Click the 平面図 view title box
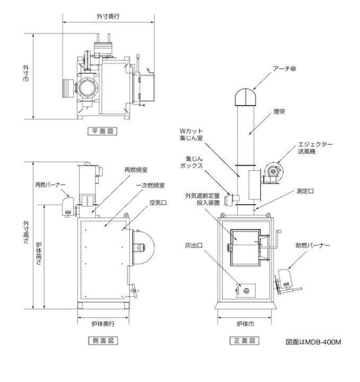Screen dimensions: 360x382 (x=102, y=132)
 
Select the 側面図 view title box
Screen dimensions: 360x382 (x=103, y=340)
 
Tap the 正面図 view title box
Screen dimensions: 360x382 (x=244, y=340)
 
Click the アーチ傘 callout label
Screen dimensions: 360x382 (x=285, y=68)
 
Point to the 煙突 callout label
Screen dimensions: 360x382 (x=279, y=111)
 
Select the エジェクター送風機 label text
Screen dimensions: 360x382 (x=315, y=148)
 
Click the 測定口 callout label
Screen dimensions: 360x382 (x=305, y=191)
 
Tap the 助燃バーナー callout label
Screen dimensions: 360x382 (x=313, y=245)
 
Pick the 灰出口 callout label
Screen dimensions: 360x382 (x=194, y=246)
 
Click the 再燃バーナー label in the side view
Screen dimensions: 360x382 (x=50, y=185)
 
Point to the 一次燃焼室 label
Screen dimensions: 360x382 (x=150, y=185)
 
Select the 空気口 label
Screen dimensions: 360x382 (x=158, y=203)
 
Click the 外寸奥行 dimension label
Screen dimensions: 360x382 (x=108, y=16)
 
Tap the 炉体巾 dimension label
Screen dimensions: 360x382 (x=245, y=324)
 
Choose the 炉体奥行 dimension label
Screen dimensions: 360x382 (x=103, y=324)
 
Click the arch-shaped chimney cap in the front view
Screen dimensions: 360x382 (x=245, y=97)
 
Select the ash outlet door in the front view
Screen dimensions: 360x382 (x=245, y=290)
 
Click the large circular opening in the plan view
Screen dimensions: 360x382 (x=87, y=88)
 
